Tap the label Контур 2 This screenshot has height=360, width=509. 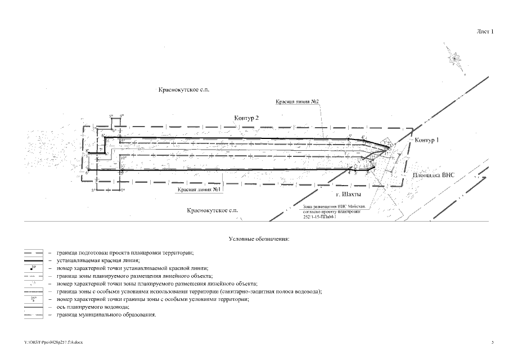point(246,118)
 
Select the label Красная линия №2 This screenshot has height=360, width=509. point(298,102)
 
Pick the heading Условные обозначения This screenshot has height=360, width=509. point(259,240)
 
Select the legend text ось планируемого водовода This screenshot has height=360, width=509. point(92,307)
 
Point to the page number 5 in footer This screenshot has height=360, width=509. point(493,341)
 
